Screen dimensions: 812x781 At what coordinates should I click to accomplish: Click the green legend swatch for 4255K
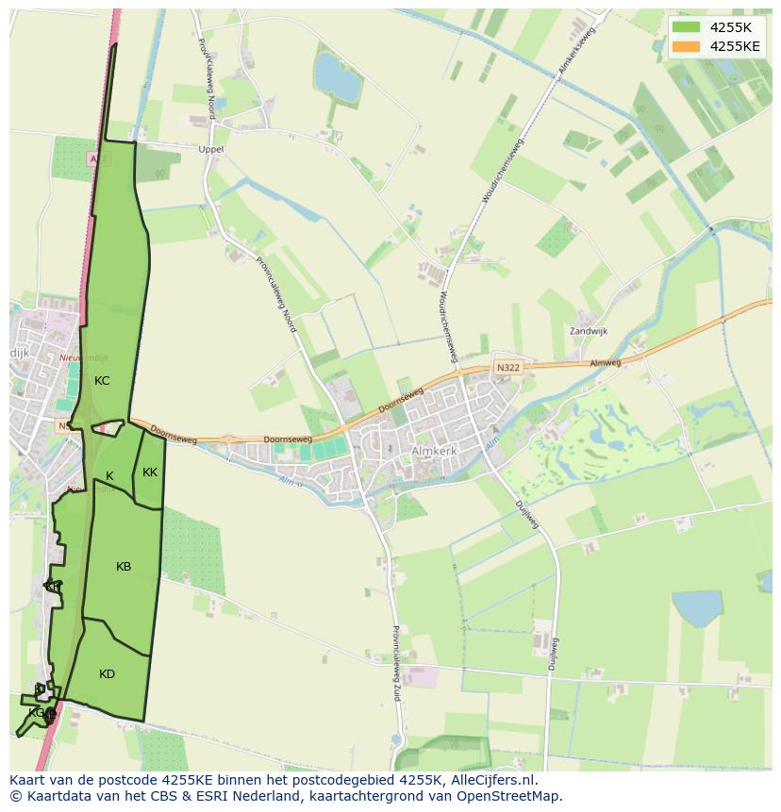click(x=687, y=27)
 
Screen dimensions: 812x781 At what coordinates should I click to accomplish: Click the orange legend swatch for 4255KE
click(x=687, y=46)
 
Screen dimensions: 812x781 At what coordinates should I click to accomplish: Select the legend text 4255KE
click(x=735, y=46)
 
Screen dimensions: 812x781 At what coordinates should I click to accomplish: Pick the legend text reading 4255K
click(x=731, y=27)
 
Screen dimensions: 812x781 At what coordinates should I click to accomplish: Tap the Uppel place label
click(x=211, y=150)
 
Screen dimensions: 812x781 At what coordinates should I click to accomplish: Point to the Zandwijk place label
click(x=589, y=331)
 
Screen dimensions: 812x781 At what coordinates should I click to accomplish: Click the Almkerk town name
click(x=433, y=452)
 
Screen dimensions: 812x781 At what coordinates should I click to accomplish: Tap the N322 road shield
click(x=507, y=366)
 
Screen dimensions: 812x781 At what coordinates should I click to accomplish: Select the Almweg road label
click(x=606, y=362)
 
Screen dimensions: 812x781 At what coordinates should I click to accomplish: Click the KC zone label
click(x=102, y=381)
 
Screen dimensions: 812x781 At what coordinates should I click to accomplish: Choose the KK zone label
click(x=150, y=472)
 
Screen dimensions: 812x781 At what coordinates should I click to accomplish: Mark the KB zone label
click(x=124, y=567)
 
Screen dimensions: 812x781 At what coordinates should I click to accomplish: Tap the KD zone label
click(x=107, y=674)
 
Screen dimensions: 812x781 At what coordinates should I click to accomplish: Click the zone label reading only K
click(x=109, y=476)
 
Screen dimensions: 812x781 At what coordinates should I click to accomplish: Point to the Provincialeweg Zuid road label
click(x=397, y=666)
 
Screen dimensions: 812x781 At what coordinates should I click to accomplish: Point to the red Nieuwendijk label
click(x=83, y=358)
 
